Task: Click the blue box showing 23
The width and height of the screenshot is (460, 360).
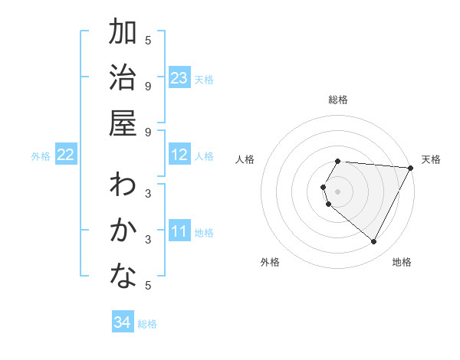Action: pyautogui.click(x=179, y=77)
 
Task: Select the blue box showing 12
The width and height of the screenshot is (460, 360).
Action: pyautogui.click(x=179, y=155)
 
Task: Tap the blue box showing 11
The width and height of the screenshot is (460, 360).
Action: pyautogui.click(x=179, y=231)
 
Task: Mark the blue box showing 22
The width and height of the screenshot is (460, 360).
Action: pyautogui.click(x=66, y=155)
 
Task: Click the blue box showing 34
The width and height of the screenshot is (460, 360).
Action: pyautogui.click(x=122, y=322)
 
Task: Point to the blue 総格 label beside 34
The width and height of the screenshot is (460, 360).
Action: pyautogui.click(x=147, y=324)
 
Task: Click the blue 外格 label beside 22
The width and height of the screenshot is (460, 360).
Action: pyautogui.click(x=41, y=156)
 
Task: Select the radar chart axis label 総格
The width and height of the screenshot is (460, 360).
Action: pyautogui.click(x=338, y=100)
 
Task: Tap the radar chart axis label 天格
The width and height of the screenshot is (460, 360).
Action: pyautogui.click(x=431, y=159)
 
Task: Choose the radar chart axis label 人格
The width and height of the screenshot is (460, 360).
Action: pyautogui.click(x=245, y=159)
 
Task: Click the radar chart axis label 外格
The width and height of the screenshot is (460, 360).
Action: pyautogui.click(x=270, y=262)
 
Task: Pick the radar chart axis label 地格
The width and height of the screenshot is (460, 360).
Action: pyautogui.click(x=402, y=262)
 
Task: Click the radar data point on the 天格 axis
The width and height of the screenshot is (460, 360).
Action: pyautogui.click(x=411, y=168)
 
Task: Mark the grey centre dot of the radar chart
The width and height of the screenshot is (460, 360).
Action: pyautogui.click(x=338, y=191)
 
